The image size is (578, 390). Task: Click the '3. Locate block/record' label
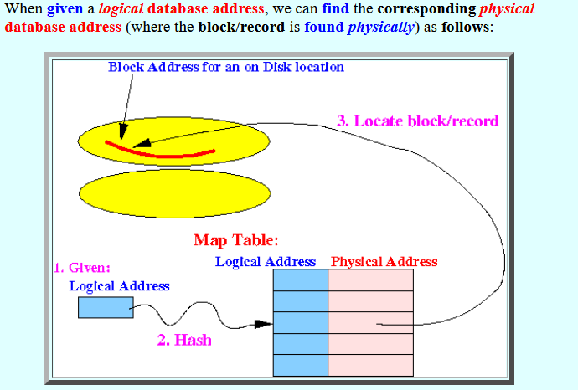418,121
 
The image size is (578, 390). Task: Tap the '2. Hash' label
184,340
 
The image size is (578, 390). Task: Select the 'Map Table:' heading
236,240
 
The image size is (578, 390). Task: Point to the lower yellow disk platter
175,193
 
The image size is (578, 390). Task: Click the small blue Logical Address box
106,307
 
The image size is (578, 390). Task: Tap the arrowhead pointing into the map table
264,324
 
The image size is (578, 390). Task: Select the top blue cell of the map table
301,280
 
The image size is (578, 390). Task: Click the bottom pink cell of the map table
370,365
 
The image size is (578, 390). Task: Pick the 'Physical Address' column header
384,261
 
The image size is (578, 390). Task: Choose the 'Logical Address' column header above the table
266,261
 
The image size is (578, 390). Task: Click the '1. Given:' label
82,267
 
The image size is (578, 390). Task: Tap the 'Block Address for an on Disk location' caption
226,67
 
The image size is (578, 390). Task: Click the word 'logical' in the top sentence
121,8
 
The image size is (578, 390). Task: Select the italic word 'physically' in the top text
381,28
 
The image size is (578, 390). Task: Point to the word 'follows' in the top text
466,27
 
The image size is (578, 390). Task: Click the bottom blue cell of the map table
301,365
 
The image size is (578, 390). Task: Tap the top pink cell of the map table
370,280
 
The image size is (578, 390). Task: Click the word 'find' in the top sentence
335,8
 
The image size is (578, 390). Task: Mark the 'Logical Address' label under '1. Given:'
120,285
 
